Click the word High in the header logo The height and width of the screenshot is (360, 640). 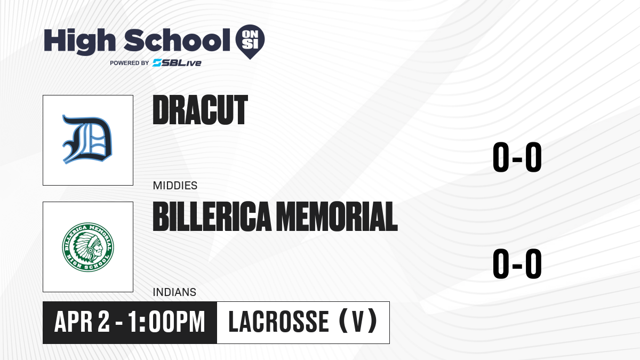click(79, 41)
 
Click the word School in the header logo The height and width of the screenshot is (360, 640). click(177, 40)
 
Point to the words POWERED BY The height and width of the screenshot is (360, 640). click(130, 63)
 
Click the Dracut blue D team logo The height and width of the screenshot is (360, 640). click(87, 139)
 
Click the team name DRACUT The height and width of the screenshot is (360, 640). click(201, 110)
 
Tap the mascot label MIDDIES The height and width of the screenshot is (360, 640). click(175, 186)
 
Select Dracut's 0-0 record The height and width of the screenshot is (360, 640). click(517, 157)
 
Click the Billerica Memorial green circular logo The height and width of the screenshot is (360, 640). click(88, 247)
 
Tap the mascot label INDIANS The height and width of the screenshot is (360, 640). click(174, 292)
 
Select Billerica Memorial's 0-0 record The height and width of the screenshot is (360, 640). click(517, 263)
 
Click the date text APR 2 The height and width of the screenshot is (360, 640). click(82, 322)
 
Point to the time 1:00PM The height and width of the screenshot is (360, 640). click(166, 322)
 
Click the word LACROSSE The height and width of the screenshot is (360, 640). click(279, 322)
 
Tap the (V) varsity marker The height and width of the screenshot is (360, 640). click(358, 321)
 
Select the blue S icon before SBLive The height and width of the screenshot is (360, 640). click(157, 63)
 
